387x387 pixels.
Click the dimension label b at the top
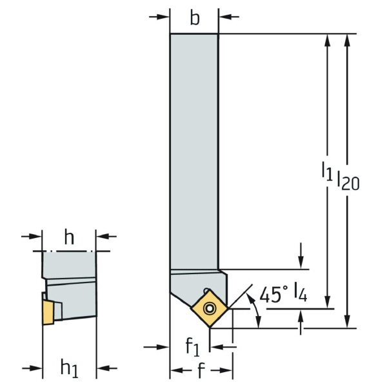pos(195,18)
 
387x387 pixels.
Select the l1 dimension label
pos(327,171)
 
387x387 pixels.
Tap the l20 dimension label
pos(348,180)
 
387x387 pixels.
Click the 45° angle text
pos(273,294)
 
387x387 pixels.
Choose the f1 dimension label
pos(192,346)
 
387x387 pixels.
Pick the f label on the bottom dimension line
pos(201,370)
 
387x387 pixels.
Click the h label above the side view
pos(69,237)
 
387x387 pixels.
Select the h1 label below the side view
pos(70,368)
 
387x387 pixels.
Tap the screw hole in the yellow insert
pos(210,308)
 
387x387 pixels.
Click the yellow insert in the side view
pos(48,312)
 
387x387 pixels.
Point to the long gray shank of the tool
pos(194,152)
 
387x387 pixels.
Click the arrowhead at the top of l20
pos(347,40)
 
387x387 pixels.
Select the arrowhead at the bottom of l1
pos(328,303)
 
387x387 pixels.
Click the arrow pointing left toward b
pos(229,17)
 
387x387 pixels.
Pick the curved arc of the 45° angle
pos(255,310)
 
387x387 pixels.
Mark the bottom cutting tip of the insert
pos(210,328)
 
